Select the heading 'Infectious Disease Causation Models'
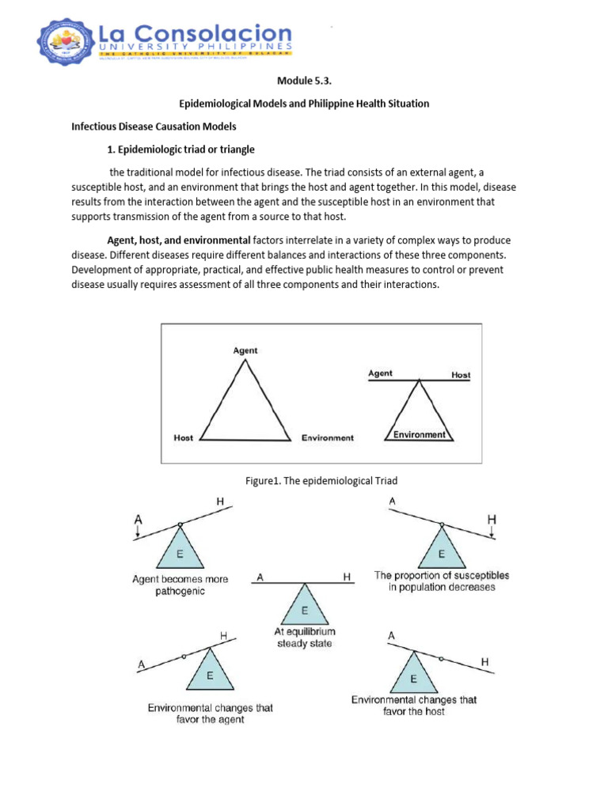[x=154, y=127]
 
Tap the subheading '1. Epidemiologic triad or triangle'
[x=181, y=149]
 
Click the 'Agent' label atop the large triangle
[x=245, y=350]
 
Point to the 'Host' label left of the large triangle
[x=183, y=437]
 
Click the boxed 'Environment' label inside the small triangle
[x=419, y=434]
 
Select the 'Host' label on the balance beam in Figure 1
[x=460, y=375]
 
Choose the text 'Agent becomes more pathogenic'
[x=180, y=585]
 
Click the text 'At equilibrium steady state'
[x=305, y=638]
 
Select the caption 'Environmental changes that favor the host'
[x=414, y=706]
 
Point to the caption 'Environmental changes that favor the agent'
[x=210, y=713]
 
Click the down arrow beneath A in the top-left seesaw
[x=139, y=534]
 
